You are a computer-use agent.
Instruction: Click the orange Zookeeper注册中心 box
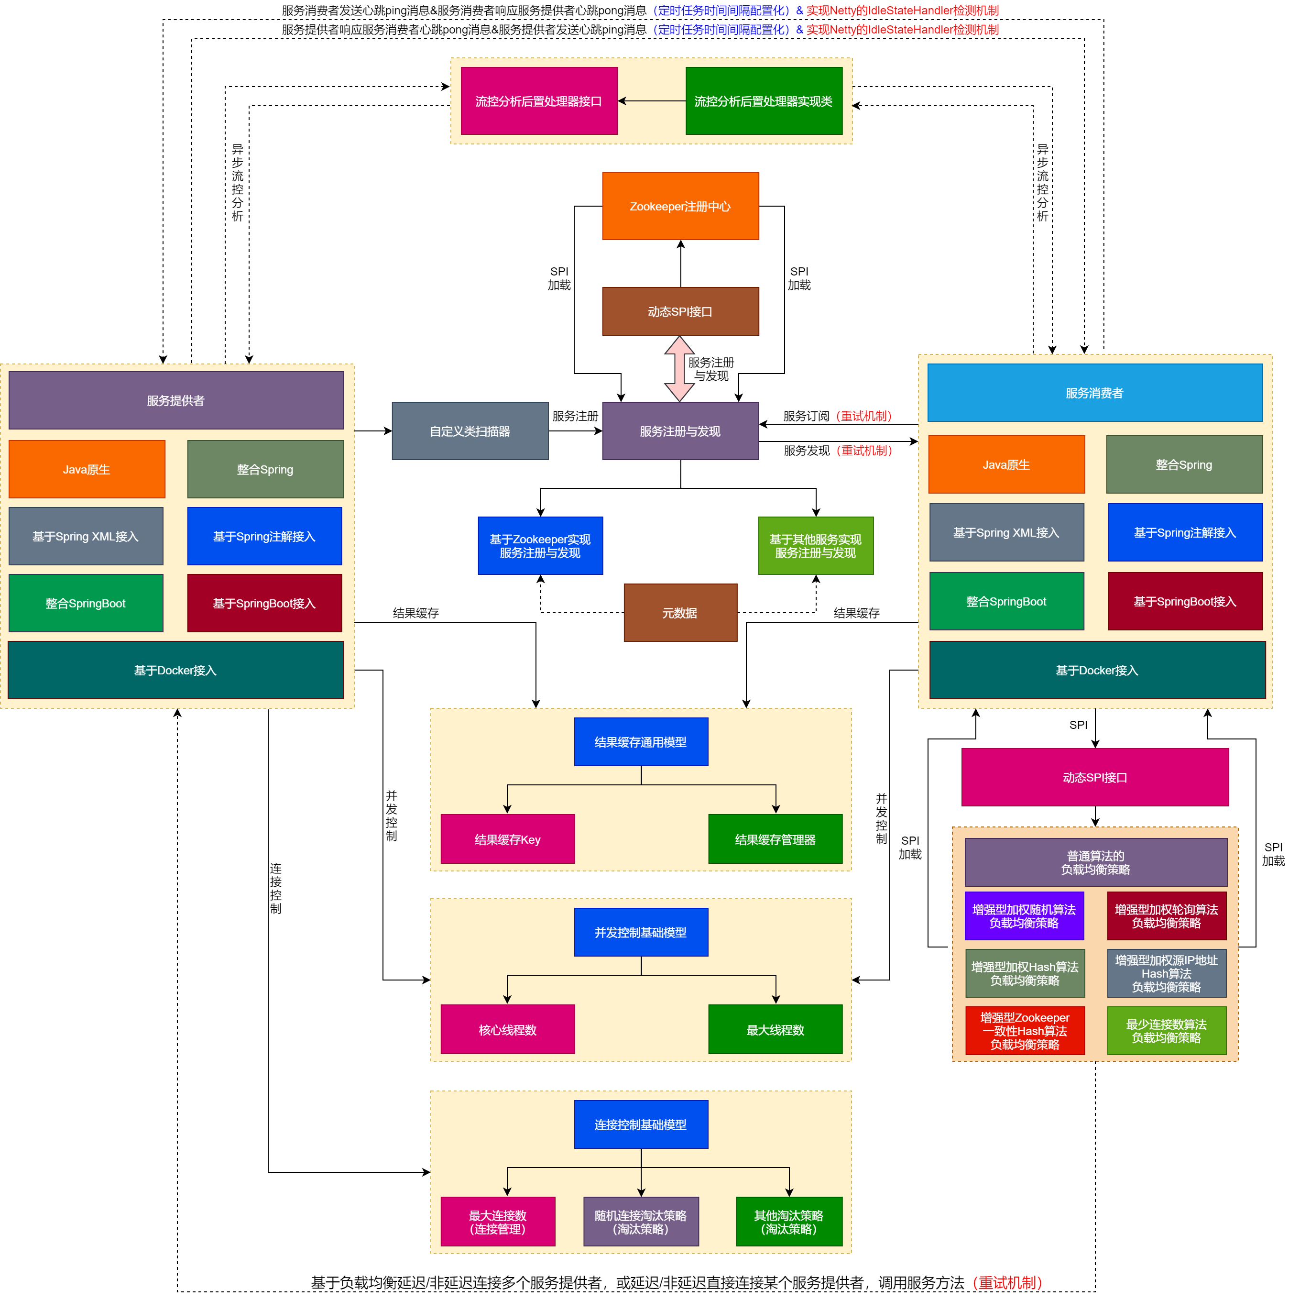(680, 206)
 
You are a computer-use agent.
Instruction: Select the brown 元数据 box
(680, 612)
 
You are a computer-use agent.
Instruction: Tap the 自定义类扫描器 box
(470, 430)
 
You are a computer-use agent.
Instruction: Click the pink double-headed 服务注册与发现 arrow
(679, 368)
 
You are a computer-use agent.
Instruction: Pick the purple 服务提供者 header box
(175, 400)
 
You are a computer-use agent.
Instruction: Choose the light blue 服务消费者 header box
(1094, 393)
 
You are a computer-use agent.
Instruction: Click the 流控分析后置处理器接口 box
(539, 101)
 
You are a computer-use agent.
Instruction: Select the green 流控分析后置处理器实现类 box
(764, 101)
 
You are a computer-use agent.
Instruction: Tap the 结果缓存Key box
(507, 839)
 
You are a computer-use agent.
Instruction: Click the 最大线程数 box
(775, 1029)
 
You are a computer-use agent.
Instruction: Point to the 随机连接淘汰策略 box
(641, 1221)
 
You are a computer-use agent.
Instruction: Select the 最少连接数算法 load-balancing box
(1167, 1030)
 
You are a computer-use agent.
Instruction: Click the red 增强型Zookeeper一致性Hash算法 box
(1025, 1030)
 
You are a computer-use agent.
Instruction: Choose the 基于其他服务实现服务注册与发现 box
(815, 546)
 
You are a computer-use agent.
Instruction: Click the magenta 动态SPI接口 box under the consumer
(1094, 777)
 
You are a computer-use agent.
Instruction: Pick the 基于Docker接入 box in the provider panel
(175, 670)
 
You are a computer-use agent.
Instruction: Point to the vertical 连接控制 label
(276, 888)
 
